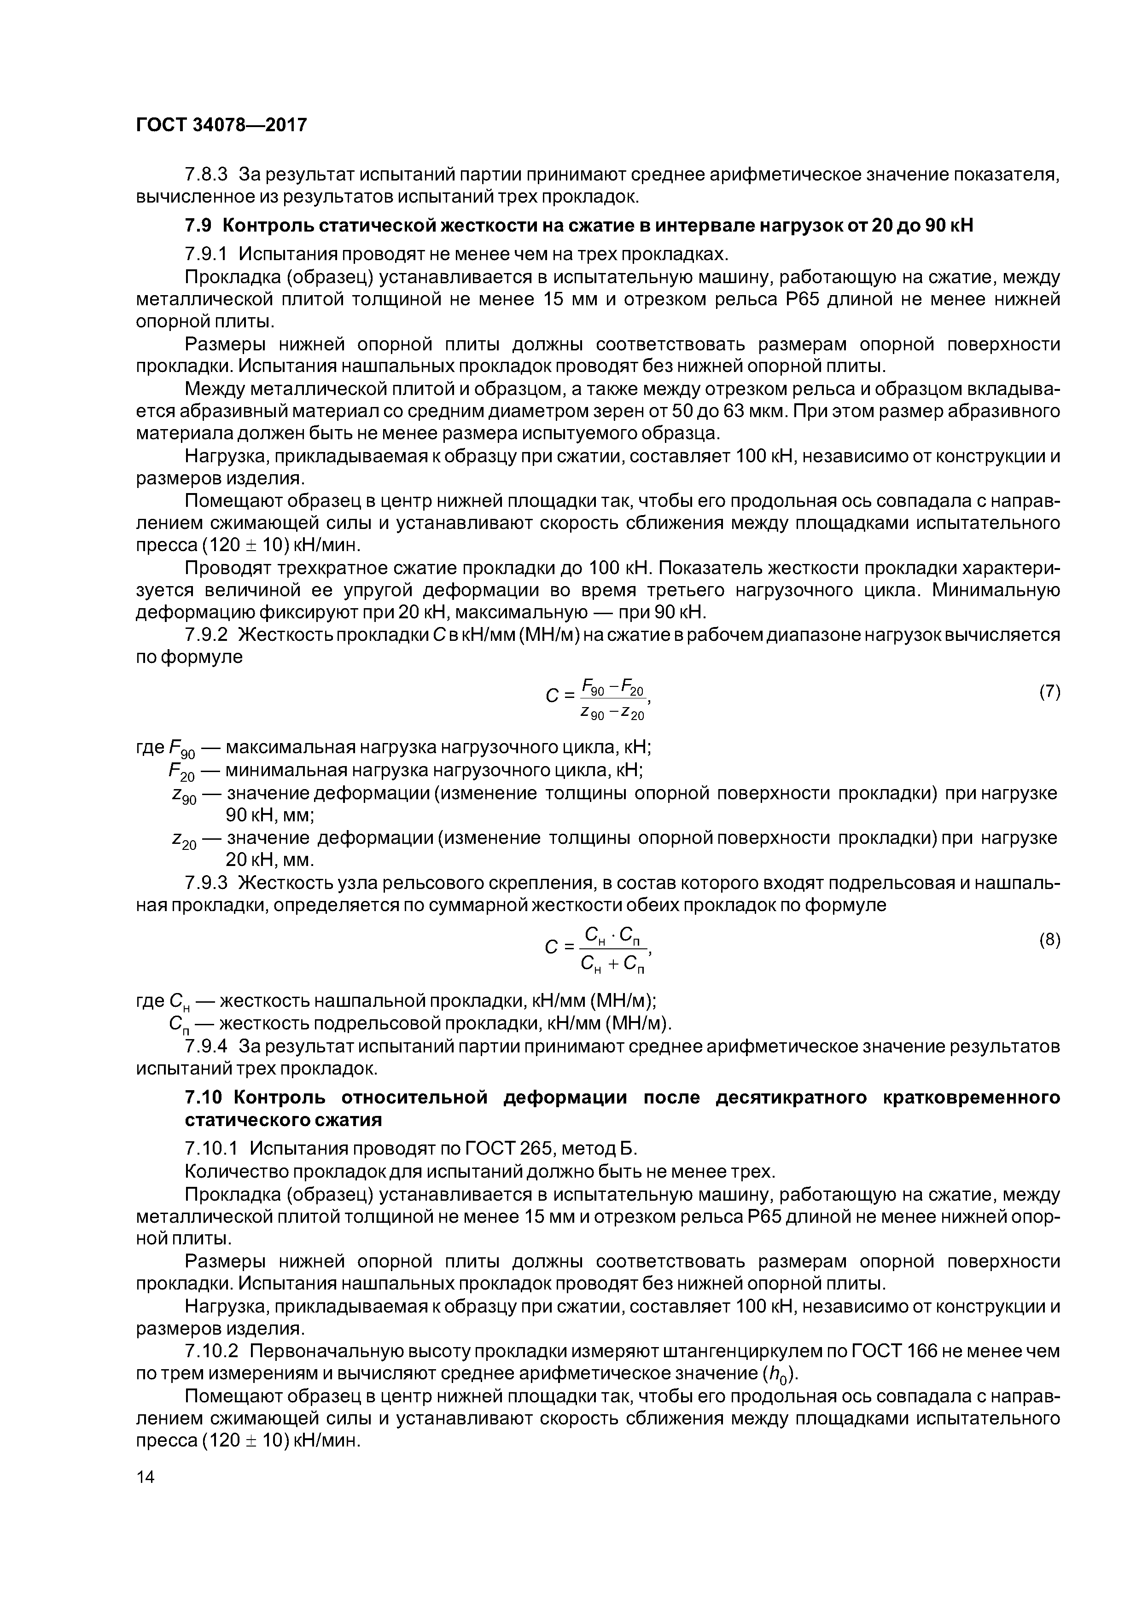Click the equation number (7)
click(1049, 691)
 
